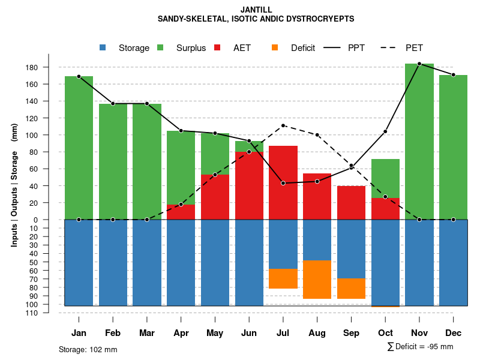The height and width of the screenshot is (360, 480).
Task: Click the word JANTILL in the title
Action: pos(256,10)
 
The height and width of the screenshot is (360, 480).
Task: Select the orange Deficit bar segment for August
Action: pos(317,279)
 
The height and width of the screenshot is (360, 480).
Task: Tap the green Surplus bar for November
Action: pos(419,141)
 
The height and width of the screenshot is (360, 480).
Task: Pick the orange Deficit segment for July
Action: pos(283,278)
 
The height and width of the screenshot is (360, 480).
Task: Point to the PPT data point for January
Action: pos(79,77)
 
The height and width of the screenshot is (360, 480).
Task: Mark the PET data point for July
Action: pos(283,125)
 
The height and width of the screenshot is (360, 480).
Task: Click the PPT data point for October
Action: pos(385,131)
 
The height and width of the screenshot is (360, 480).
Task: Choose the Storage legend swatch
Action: pos(103,48)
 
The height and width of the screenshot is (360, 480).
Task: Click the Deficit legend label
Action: pos(303,48)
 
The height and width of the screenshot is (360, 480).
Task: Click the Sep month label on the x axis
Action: pos(351,333)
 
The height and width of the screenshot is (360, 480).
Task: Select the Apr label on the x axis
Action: pos(181,333)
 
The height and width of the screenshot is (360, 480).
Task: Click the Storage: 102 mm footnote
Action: pos(88,349)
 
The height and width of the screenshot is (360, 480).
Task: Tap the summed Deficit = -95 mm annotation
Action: pos(420,346)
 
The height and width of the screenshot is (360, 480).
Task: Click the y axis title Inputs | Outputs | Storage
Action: pos(14,185)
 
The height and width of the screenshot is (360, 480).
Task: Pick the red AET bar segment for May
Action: pos(215,197)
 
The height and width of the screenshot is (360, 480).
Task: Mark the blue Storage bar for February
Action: pos(113,263)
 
